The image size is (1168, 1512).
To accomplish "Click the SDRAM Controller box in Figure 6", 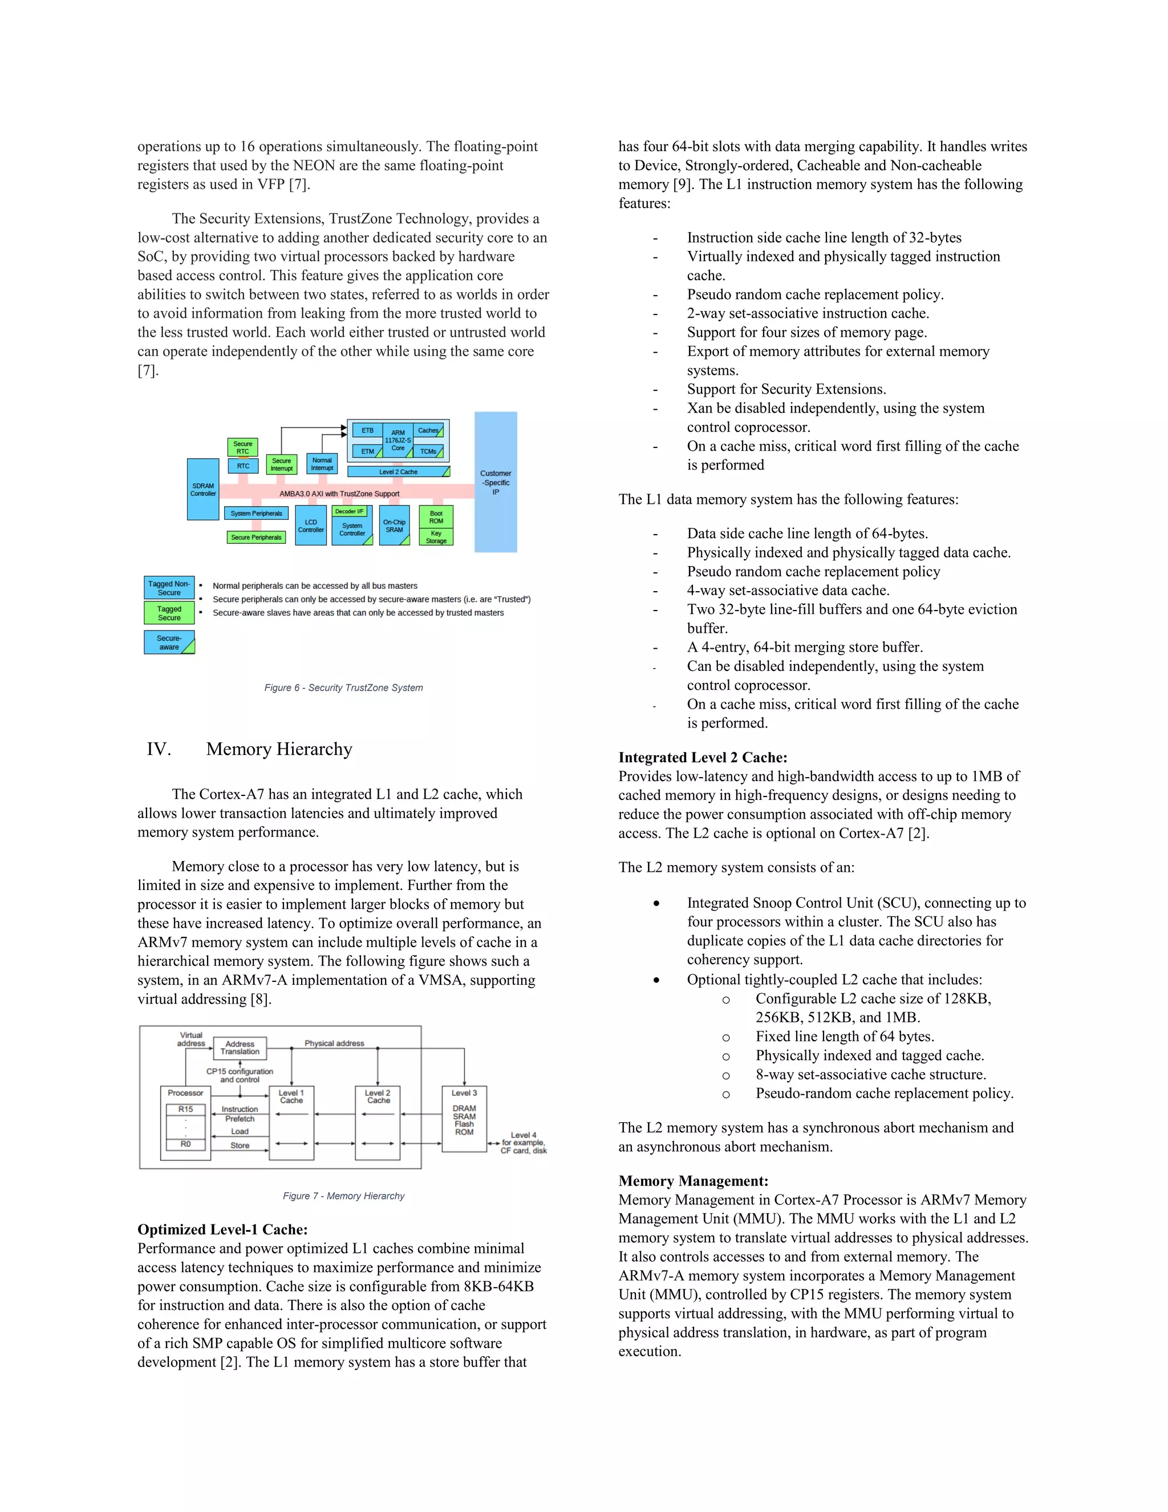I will [x=202, y=490].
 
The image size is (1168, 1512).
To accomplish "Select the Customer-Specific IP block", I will [x=496, y=483].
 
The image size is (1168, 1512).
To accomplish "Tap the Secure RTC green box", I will [x=242, y=447].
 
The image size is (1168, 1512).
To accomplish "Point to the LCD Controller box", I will [x=311, y=525].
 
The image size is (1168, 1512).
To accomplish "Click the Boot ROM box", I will [x=436, y=516].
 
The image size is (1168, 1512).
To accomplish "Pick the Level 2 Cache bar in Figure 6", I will [x=398, y=471].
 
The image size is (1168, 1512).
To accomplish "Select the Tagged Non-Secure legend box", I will [x=169, y=588].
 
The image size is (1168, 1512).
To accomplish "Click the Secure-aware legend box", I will [x=169, y=642].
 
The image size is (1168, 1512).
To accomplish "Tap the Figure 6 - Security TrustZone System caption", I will [x=343, y=688].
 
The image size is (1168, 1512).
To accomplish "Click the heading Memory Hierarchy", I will [x=279, y=749].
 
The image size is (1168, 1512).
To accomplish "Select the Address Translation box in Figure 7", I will [x=240, y=1048].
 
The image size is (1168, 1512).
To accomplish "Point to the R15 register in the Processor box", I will [x=185, y=1109].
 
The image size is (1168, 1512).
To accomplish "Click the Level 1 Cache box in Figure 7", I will [x=291, y=1122].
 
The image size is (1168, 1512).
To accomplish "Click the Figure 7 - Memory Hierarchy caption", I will [x=343, y=1195].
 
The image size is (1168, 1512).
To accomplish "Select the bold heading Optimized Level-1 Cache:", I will [x=222, y=1230].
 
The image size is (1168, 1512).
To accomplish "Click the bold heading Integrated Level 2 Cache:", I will [x=702, y=757].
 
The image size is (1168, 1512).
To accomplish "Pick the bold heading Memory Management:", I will [x=692, y=1181].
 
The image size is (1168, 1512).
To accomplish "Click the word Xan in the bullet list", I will [x=700, y=408].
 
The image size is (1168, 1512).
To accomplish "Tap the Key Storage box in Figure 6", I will [x=436, y=536].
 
